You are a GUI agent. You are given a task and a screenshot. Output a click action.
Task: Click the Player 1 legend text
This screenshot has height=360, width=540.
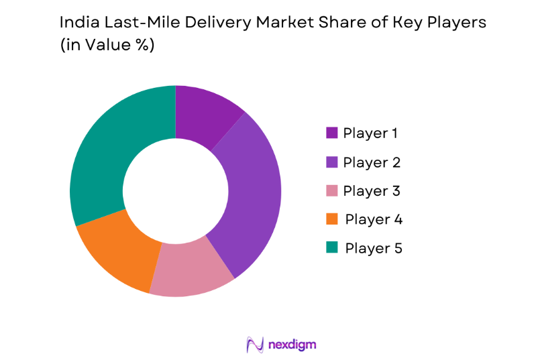tap(370, 133)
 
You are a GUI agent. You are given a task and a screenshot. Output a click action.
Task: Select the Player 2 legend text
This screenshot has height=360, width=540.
tap(371, 162)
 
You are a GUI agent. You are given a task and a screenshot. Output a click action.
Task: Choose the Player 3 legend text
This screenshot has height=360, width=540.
tap(371, 190)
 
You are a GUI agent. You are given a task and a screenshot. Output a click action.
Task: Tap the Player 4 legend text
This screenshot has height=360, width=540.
tap(373, 219)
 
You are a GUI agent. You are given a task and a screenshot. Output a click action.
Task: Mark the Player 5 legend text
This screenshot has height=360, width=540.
tap(373, 248)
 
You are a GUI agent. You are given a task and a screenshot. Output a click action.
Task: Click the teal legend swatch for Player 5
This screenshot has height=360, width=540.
tap(331, 248)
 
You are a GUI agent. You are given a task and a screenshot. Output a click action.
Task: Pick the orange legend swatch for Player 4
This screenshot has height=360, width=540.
tap(331, 219)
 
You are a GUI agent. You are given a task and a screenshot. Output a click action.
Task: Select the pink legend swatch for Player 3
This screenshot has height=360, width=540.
tap(331, 190)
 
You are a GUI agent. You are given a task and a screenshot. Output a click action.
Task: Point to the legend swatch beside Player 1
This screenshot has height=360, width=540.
tap(331, 133)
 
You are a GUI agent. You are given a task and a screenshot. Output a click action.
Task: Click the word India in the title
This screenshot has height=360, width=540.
tap(77, 22)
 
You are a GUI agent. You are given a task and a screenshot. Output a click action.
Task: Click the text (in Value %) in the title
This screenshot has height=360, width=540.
tap(107, 46)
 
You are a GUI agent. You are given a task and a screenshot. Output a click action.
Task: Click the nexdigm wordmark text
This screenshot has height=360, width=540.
tap(292, 345)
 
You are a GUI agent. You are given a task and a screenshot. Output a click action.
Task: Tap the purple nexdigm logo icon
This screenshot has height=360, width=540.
tap(255, 345)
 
